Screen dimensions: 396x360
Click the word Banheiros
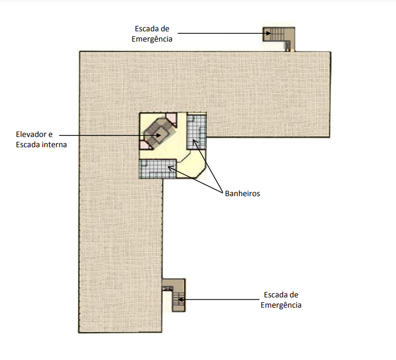coord(242,194)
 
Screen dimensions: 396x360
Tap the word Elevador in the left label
coord(32,134)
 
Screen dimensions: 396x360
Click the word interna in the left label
coord(54,145)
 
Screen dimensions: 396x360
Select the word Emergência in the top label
coord(152,39)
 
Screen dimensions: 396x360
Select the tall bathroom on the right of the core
coord(197,132)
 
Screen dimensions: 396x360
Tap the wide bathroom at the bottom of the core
coord(157,169)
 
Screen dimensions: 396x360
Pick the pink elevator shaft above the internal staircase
coord(172,119)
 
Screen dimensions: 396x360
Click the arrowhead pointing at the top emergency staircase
coord(268,33)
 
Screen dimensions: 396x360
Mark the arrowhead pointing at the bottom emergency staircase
coord(180,300)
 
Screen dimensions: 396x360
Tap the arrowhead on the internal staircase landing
coord(158,135)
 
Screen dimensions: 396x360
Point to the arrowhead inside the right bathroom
coord(195,142)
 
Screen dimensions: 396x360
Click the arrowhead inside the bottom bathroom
coord(170,168)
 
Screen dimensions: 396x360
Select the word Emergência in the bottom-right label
coord(281,305)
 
